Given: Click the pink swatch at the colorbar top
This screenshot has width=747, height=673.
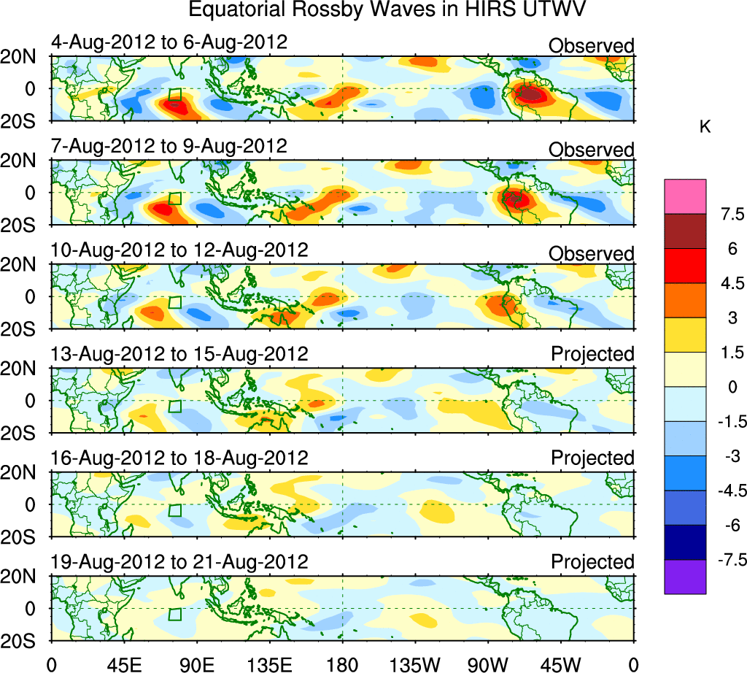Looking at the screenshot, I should tap(685, 196).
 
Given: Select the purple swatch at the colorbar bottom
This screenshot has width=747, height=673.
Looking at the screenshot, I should tap(685, 577).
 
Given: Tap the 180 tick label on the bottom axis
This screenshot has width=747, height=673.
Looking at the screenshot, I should tap(342, 663).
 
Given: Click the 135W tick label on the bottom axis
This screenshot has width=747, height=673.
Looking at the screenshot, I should tap(415, 663).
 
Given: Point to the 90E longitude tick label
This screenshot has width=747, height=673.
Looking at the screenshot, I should tap(196, 663).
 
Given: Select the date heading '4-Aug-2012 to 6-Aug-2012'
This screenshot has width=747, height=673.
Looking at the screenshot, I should tap(169, 42).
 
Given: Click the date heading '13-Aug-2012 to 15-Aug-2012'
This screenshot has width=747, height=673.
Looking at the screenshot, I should tap(179, 354).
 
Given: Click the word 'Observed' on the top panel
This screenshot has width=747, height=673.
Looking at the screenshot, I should tap(592, 46).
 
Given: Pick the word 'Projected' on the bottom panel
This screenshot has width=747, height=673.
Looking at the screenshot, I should tap(592, 562).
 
